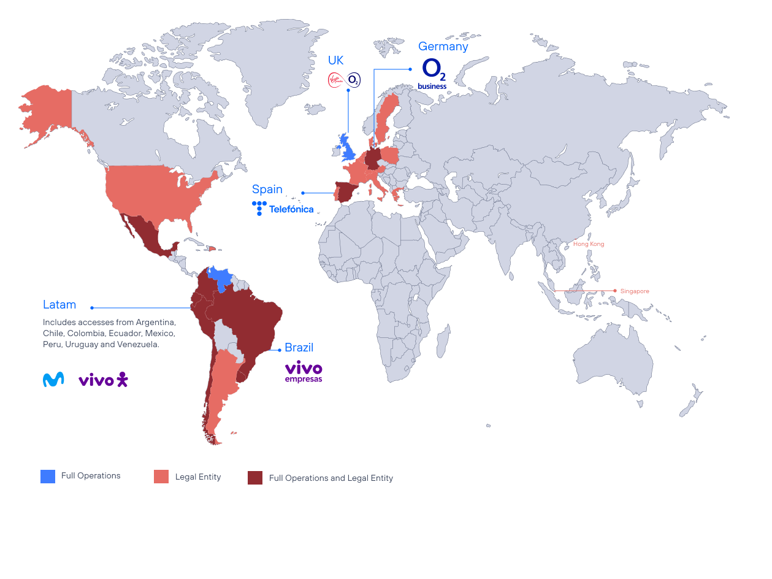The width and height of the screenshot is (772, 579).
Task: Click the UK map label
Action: tap(335, 61)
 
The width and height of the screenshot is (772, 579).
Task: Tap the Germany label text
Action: tap(443, 47)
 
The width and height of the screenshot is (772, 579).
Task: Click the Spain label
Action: tap(267, 189)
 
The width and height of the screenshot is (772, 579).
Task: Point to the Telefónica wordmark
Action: tap(291, 209)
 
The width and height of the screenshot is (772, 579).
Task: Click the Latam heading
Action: tap(59, 305)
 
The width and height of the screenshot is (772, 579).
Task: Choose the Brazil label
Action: tap(299, 348)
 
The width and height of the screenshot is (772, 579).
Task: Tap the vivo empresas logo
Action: tap(304, 372)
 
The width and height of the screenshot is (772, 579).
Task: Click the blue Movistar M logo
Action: tap(53, 380)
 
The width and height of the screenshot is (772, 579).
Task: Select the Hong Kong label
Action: tap(588, 244)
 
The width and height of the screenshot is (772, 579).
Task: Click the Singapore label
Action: tap(634, 291)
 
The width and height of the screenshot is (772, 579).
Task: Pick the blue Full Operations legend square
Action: tap(48, 476)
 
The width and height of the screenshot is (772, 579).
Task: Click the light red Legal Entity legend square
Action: tap(161, 477)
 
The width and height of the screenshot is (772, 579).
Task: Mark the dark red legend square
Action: tap(255, 478)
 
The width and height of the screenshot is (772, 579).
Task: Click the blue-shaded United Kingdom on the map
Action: tap(348, 149)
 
